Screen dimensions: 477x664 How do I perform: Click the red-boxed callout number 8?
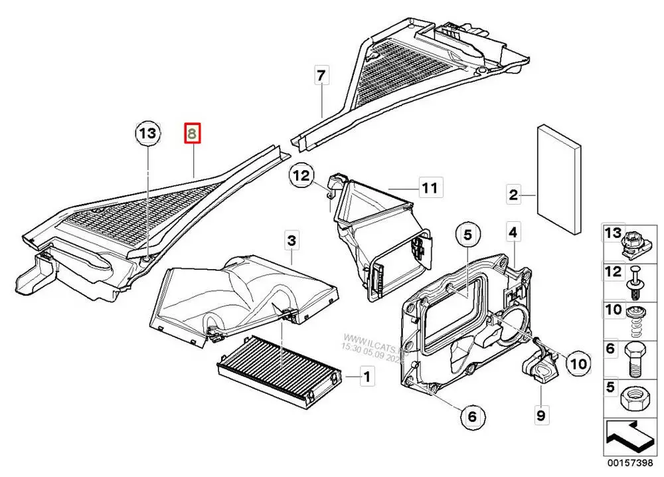point(192,134)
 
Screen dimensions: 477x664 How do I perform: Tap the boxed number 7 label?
point(321,76)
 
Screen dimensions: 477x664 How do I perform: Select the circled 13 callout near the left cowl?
point(147,134)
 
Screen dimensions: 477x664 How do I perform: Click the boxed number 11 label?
point(430,188)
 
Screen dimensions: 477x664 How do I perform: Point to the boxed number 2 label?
point(513,195)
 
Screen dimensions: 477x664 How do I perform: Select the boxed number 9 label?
point(540,416)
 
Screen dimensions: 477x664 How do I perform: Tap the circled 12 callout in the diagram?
point(301,177)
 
